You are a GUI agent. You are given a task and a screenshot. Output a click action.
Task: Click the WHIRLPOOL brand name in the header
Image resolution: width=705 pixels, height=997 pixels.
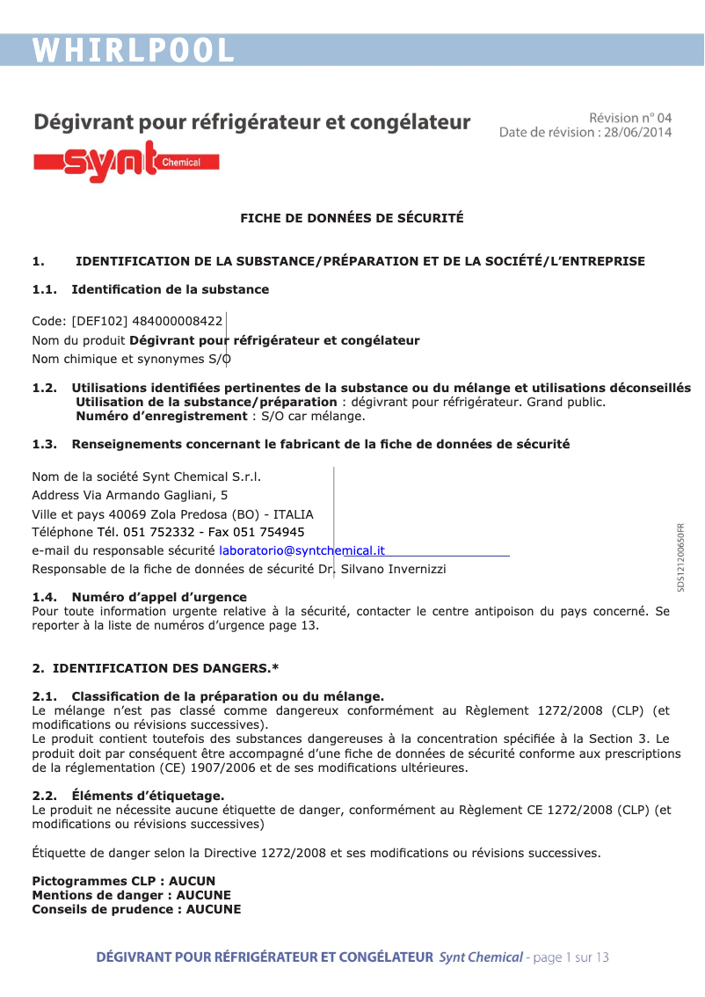[x=134, y=50]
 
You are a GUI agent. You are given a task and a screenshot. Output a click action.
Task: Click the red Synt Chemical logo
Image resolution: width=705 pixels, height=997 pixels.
[x=126, y=162]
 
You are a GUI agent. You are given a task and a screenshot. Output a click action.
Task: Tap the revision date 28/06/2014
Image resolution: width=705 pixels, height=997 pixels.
[x=636, y=133]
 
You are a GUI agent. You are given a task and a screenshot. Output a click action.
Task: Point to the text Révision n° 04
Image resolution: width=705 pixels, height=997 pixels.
[x=629, y=118]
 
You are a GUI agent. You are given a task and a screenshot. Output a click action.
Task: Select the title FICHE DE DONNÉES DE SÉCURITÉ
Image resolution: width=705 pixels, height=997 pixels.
[x=352, y=218]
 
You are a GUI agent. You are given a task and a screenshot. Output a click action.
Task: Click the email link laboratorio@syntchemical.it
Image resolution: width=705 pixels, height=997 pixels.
[x=302, y=550]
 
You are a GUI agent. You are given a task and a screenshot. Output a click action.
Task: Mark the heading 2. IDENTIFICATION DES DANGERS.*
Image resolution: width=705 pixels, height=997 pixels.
[x=156, y=668]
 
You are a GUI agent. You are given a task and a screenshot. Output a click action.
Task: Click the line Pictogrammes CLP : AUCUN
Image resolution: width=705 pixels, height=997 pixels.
[x=123, y=881]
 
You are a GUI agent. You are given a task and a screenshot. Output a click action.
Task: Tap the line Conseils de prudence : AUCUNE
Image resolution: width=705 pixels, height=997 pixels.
[x=136, y=909]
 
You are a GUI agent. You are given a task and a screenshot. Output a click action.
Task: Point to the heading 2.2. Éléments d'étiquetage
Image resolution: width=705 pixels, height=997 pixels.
[x=128, y=796]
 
